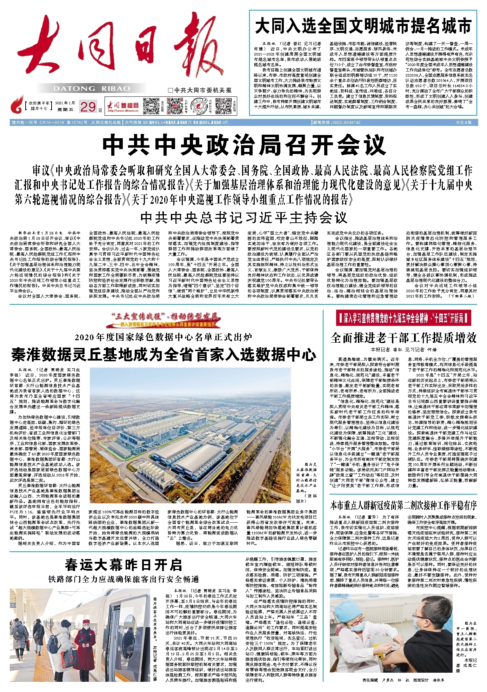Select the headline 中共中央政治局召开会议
(244, 145)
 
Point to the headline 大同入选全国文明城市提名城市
(363, 26)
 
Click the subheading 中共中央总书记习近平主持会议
(243, 218)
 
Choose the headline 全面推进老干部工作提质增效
(403, 337)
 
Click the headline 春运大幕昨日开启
(123, 565)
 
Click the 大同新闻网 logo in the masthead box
(123, 106)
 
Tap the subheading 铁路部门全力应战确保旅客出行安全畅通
(123, 579)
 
